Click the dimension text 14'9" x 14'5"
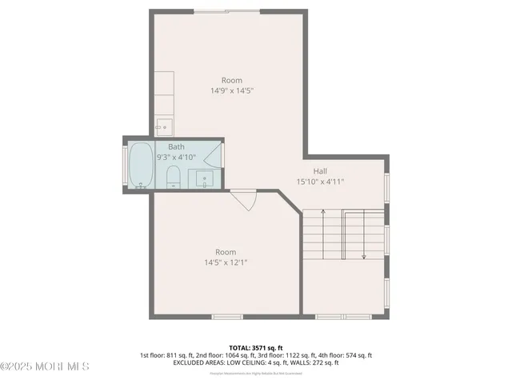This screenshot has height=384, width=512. tap(232, 91)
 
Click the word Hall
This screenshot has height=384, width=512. tap(320, 170)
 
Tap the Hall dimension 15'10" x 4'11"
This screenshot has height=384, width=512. tap(320, 181)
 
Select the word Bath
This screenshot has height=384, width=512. tap(176, 147)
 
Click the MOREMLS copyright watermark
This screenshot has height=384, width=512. tap(45, 366)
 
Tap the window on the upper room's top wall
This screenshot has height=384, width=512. tap(237, 11)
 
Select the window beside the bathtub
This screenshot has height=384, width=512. tap(125, 165)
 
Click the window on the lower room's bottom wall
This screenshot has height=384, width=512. tap(226, 317)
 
